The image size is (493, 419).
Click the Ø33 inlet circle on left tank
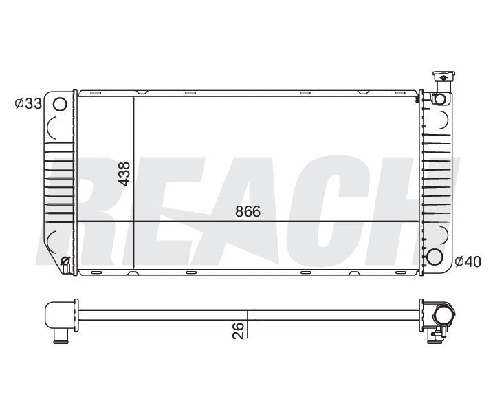(x=60, y=105)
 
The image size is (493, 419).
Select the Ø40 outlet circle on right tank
(x=435, y=258)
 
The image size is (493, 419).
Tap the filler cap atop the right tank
(x=440, y=78)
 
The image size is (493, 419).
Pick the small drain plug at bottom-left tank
(x=65, y=260)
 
